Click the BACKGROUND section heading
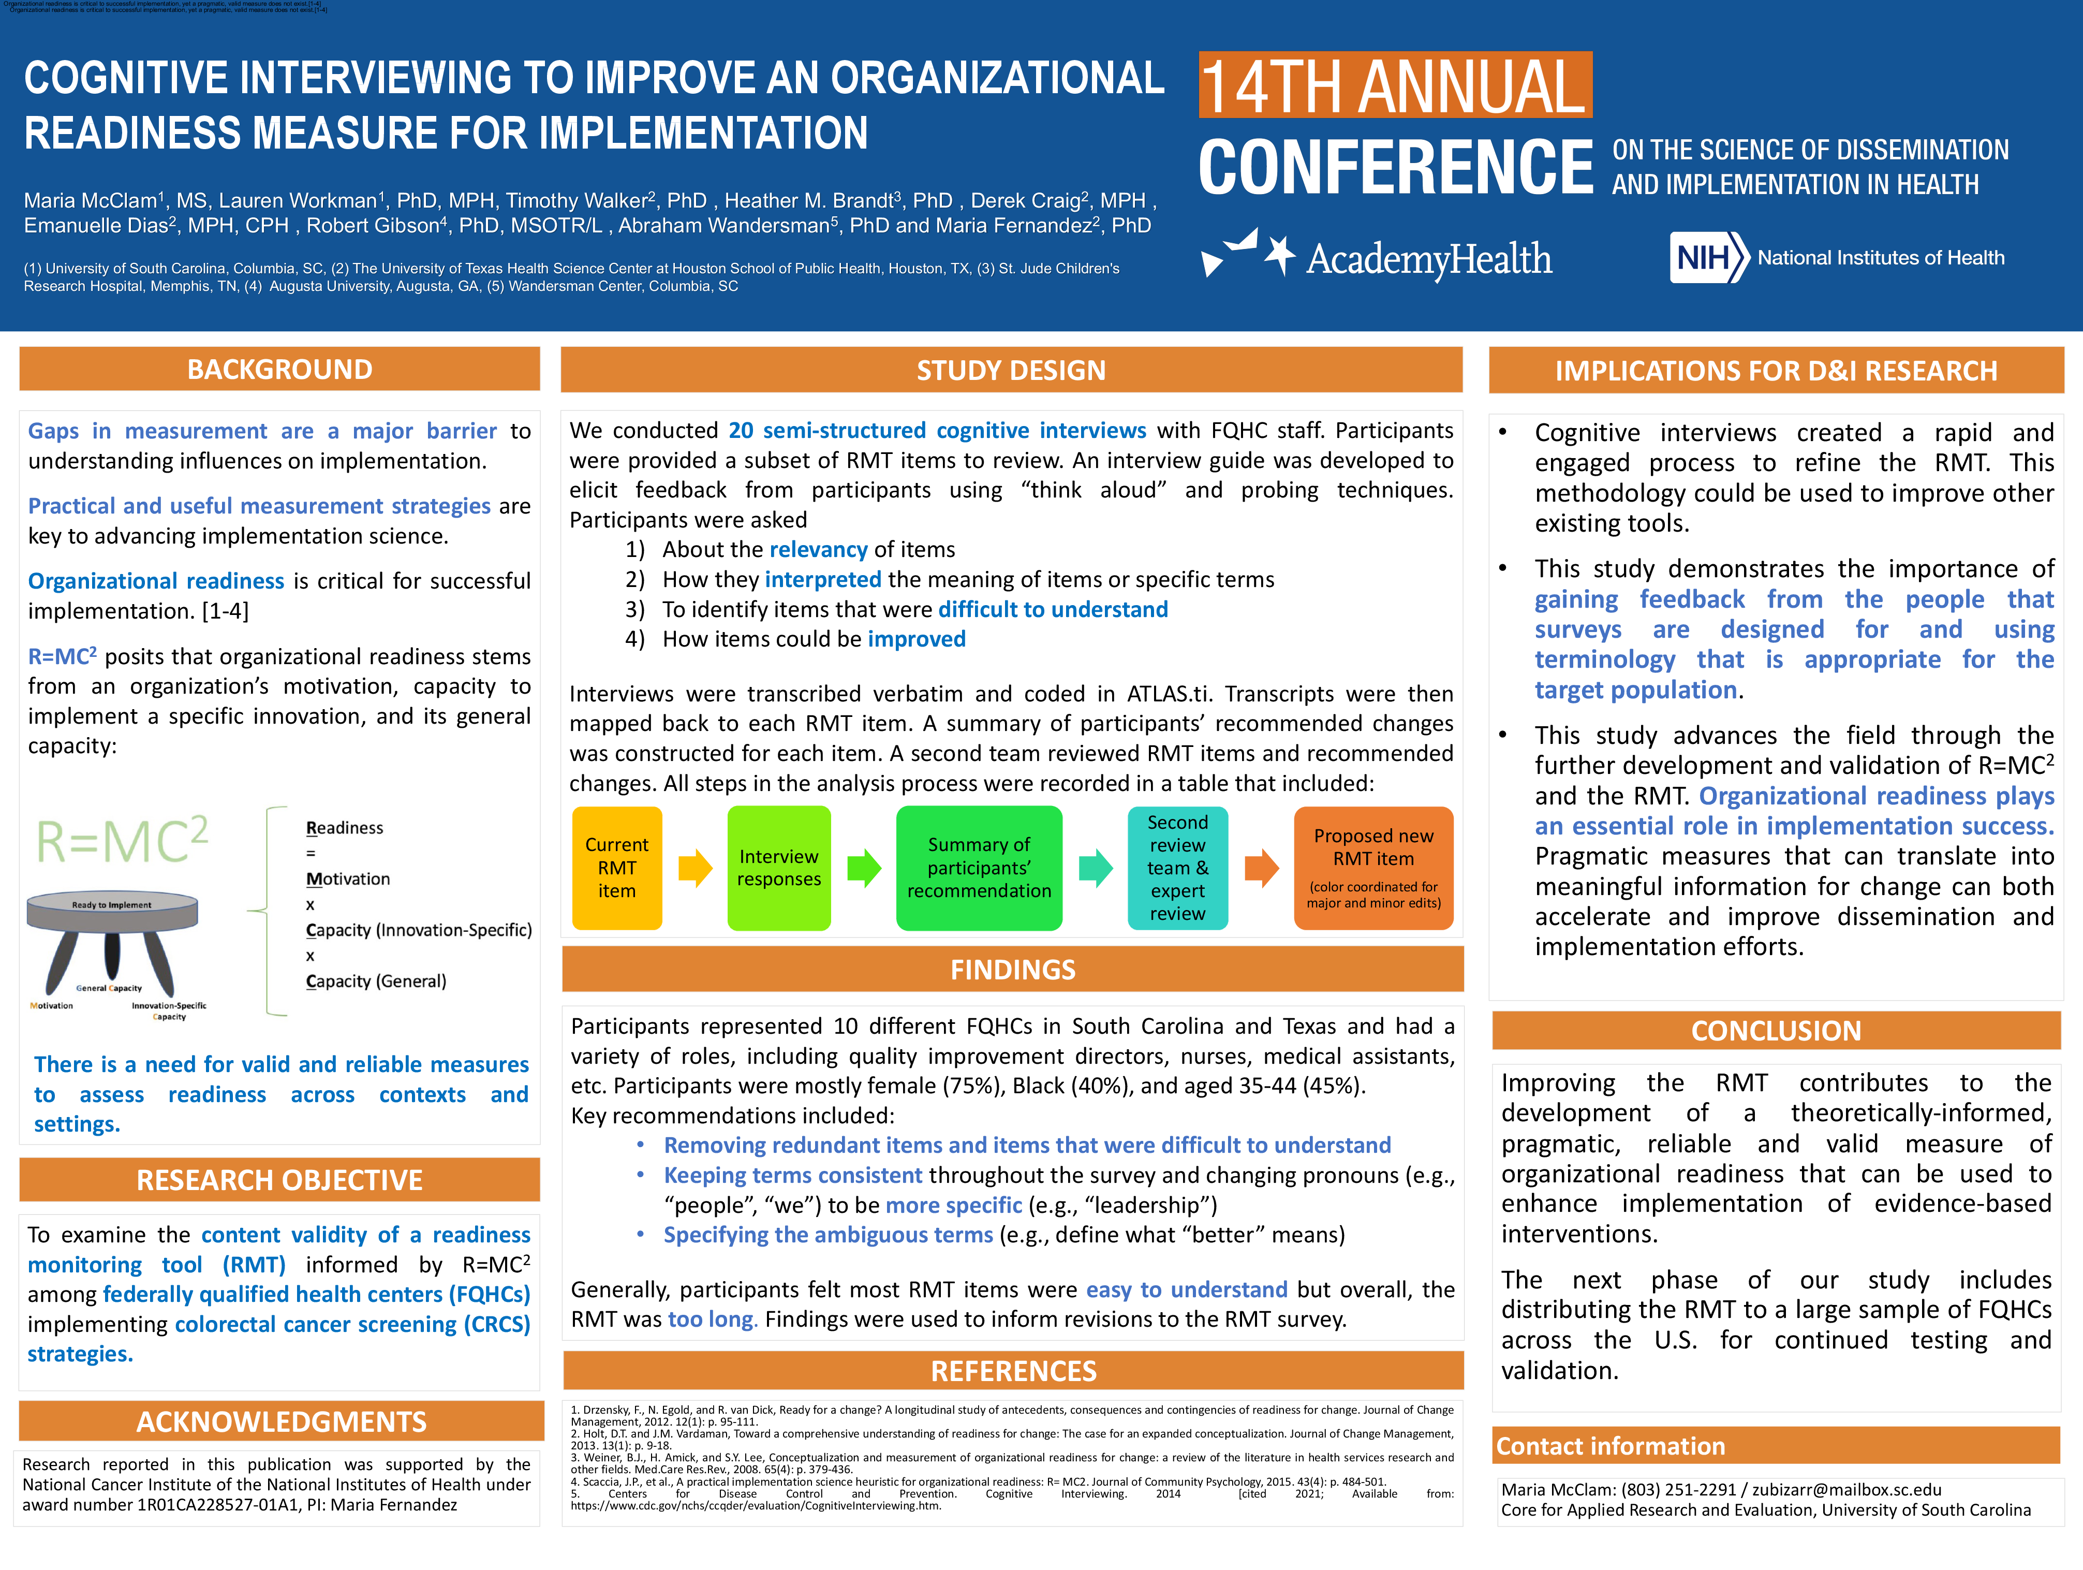(279, 369)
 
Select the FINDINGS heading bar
(1012, 969)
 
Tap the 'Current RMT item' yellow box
(617, 868)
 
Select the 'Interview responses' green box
(779, 868)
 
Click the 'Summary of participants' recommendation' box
(979, 868)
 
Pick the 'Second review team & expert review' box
(1177, 868)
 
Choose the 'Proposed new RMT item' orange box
(1373, 868)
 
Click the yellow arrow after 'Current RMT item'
(695, 868)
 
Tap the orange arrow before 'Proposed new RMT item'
(1262, 868)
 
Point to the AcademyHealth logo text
(1428, 259)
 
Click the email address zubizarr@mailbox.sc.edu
(1845, 1489)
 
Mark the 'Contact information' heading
(1611, 1446)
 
